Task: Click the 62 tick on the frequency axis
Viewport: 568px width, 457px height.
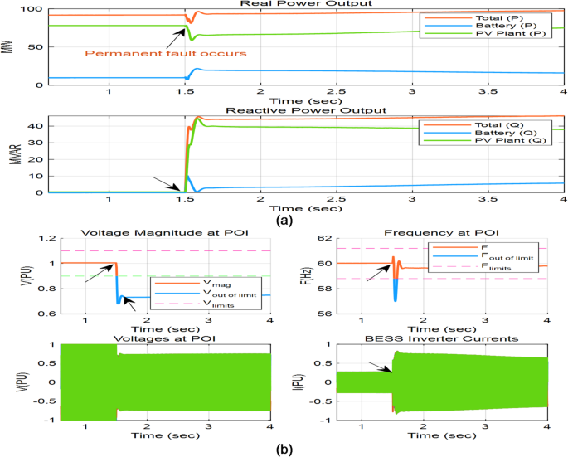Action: coord(327,239)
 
